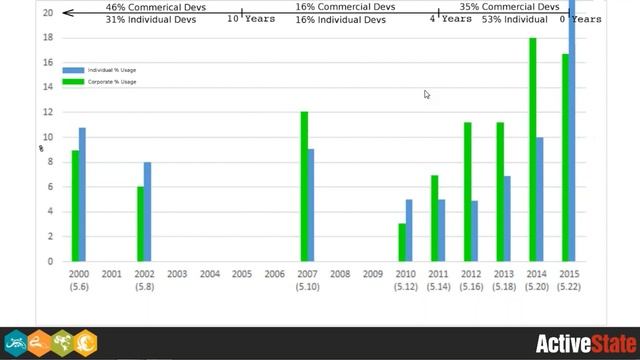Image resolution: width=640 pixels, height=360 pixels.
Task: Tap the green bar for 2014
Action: coord(533,150)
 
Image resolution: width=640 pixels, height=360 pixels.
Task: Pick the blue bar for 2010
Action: coord(409,231)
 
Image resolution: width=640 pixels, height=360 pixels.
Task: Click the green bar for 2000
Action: coord(74,206)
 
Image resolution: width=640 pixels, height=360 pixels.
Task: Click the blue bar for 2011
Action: coord(442,231)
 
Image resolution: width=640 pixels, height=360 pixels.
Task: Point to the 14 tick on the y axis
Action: coord(48,87)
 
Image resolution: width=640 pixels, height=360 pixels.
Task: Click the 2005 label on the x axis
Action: coord(242,274)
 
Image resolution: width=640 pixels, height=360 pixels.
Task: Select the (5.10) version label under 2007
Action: coord(307,287)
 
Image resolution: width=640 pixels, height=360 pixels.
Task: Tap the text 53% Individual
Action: coord(514,19)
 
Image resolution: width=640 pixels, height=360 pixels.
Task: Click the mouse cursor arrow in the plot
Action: coord(427,95)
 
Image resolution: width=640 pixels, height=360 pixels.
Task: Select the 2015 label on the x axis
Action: coord(569,274)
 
